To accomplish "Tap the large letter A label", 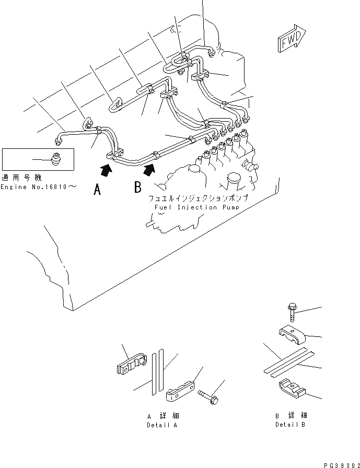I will (97, 190).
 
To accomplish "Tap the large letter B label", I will (138, 186).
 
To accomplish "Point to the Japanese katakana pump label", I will (197, 199).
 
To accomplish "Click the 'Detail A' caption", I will (162, 425).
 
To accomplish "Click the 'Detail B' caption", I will (291, 425).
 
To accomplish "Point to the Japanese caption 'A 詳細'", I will (163, 416).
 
